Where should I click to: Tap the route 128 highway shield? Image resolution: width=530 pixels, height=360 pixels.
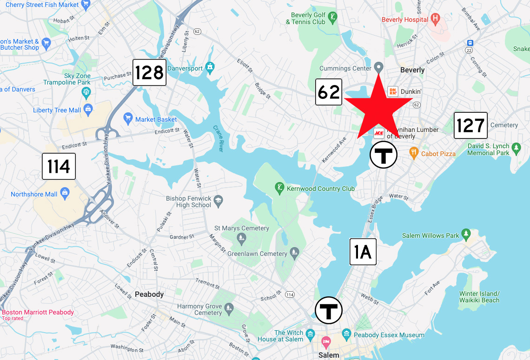coord(149,72)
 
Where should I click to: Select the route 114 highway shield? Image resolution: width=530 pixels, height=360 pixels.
coord(59,166)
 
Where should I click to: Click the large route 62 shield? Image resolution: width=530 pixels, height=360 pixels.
coord(329,92)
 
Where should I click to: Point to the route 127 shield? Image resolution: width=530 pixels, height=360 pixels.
coord(470,125)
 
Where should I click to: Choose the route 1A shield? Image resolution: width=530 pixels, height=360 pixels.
coord(363,252)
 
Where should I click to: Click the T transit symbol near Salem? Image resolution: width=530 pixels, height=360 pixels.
coord(329,310)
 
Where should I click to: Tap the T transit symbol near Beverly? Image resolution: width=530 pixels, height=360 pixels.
coord(384,155)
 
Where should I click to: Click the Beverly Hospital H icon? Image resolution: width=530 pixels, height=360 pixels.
coord(435,20)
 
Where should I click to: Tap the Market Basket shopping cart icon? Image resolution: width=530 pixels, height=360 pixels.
coord(128,119)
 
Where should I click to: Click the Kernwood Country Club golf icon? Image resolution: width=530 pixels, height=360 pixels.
coord(279,188)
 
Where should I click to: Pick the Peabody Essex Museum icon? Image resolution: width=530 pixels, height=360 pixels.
coord(346,334)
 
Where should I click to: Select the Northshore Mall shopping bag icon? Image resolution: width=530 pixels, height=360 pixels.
coord(65,193)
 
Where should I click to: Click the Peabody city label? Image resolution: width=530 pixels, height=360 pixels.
coord(149,294)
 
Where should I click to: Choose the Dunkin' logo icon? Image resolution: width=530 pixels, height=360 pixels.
coord(393,92)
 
